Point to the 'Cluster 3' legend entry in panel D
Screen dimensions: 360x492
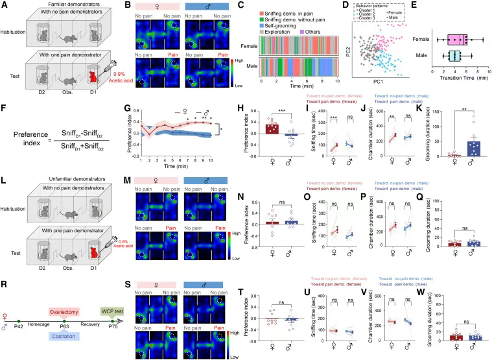click(x=368, y=21)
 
